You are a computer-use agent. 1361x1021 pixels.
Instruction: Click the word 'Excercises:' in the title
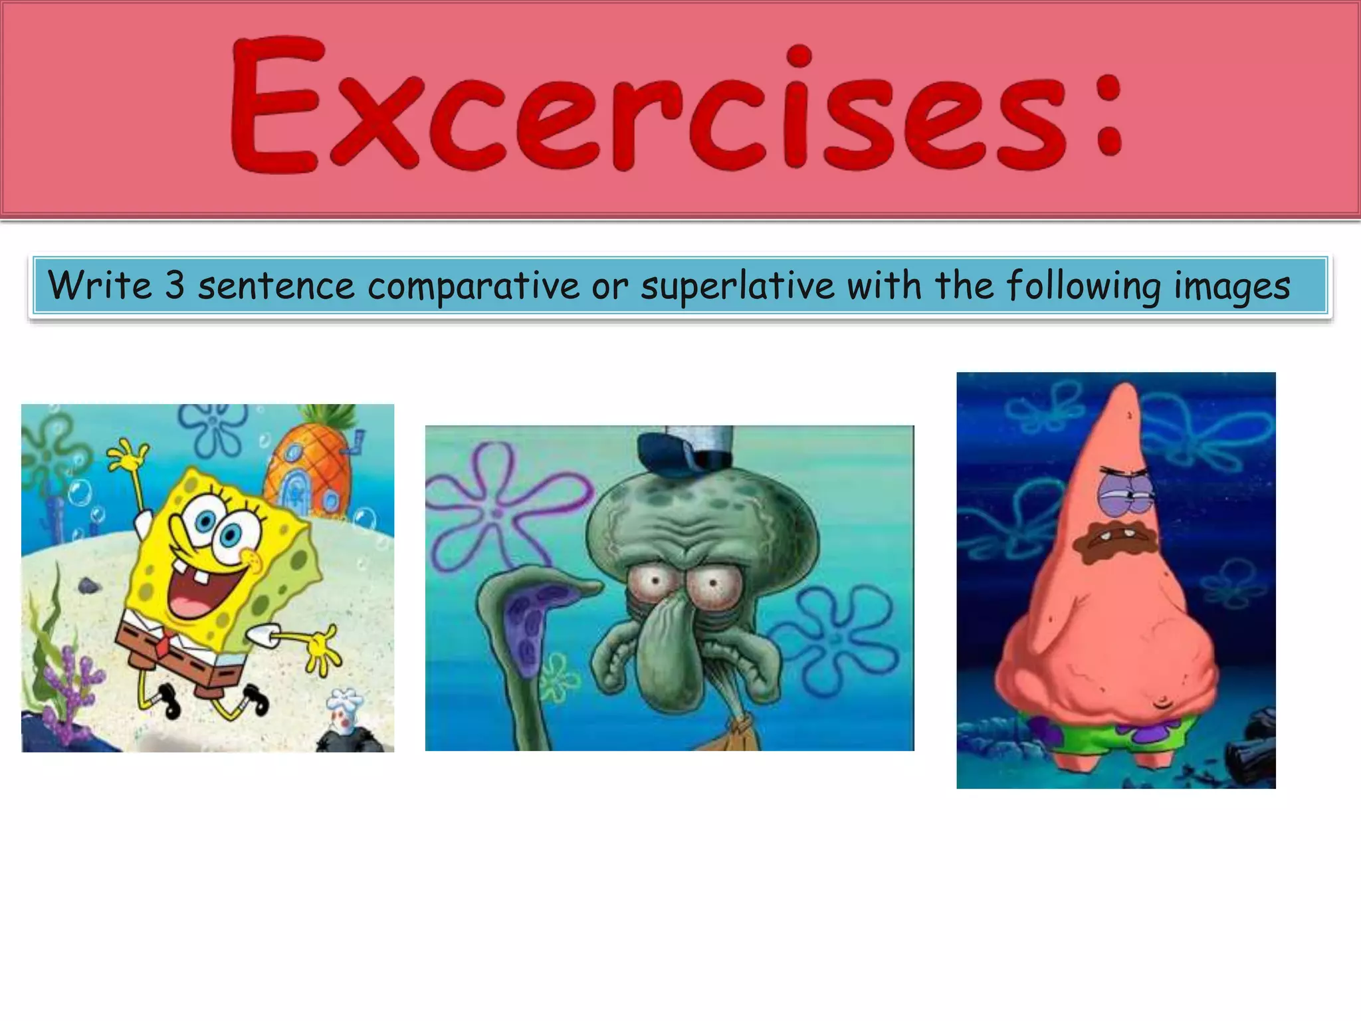tap(677, 106)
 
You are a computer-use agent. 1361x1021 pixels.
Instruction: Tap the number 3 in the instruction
tap(174, 286)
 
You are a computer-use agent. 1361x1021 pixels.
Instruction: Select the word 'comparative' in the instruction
tap(474, 286)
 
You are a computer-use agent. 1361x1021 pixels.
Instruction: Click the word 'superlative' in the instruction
tap(737, 286)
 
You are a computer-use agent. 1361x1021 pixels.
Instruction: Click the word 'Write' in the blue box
tap(100, 286)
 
